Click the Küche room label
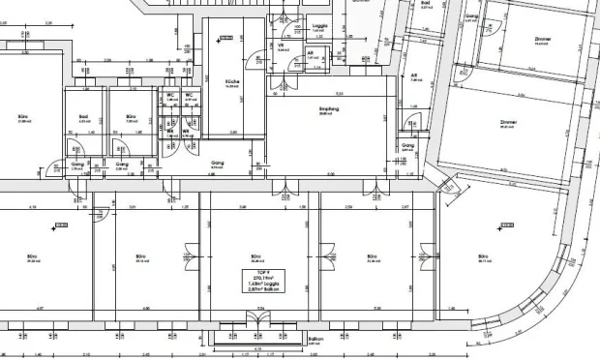pyautogui.click(x=231, y=80)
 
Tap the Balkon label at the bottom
pyautogui.click(x=315, y=340)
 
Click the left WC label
pyautogui.click(x=171, y=94)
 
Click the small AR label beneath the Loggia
pyautogui.click(x=312, y=53)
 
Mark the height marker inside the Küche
pyautogui.click(x=225, y=38)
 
